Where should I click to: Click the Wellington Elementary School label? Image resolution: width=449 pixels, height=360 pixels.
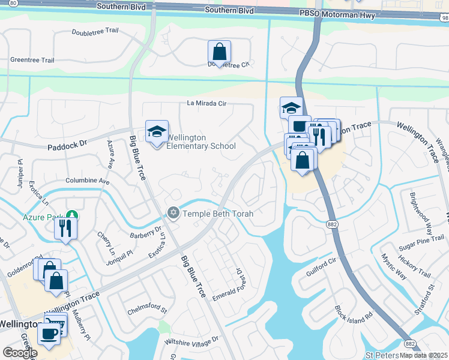coord(200,142)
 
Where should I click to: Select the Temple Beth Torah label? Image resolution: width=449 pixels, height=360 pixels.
coord(218,214)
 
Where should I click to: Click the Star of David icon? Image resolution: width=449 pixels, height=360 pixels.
coord(173,213)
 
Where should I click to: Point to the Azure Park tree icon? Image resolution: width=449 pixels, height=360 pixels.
coord(72,214)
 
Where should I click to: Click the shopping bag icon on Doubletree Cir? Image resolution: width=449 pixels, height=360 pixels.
coord(219,52)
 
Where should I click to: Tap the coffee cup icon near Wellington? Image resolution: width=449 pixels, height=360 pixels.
coord(49,333)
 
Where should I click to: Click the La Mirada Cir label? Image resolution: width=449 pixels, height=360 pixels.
coord(206,103)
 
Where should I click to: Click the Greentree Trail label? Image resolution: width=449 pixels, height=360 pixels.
coord(32,60)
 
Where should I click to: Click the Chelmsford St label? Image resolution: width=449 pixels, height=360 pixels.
coord(146,310)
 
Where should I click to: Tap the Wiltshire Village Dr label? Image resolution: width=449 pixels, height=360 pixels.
coord(191,341)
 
